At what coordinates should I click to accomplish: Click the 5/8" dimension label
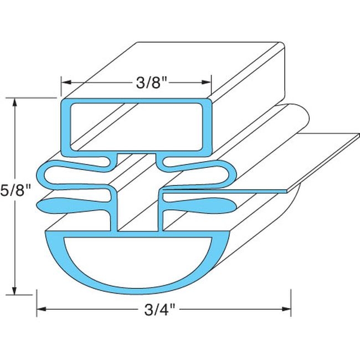pos(14,192)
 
